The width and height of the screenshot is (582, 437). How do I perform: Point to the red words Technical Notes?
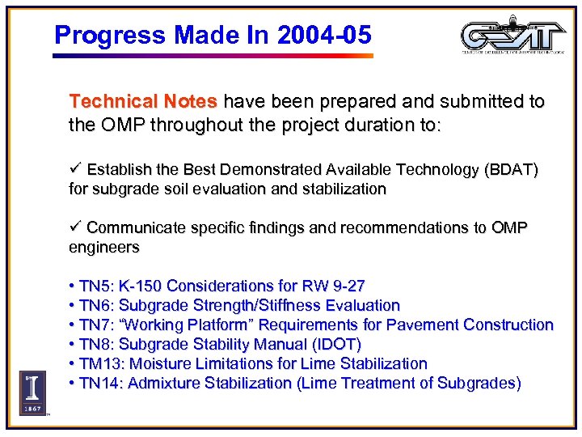[143, 102]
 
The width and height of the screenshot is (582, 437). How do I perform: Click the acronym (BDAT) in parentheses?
[511, 170]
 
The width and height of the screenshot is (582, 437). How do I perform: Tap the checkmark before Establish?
[75, 169]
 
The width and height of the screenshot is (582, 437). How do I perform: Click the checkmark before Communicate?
[75, 227]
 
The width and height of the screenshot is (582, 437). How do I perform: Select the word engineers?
[104, 247]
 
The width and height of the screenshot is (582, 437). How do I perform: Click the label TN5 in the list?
[96, 286]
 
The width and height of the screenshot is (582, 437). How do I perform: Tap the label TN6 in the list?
[96, 305]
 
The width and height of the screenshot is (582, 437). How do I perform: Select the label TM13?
[101, 363]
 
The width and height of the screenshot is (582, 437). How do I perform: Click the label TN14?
[101, 383]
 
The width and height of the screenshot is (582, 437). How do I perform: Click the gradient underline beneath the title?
[213, 56]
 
